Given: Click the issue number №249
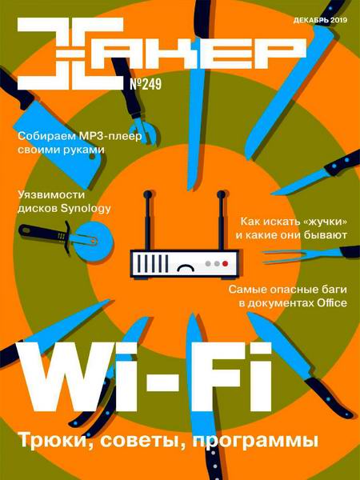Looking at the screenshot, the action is pos(146,83).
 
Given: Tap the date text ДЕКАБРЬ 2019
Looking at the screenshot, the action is pos(320,21).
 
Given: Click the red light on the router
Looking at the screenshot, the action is pos(226,263).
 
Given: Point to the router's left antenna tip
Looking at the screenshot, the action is pos(147,194).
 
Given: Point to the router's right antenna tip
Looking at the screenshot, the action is pos(221,194).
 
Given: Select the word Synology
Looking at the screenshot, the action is pos(86,209).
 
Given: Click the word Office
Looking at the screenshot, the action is pos(332,303).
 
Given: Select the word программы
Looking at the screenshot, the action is pos(256,442).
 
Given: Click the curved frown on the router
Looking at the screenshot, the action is pos(186,268).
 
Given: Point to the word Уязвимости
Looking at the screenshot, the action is pos(51,195).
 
